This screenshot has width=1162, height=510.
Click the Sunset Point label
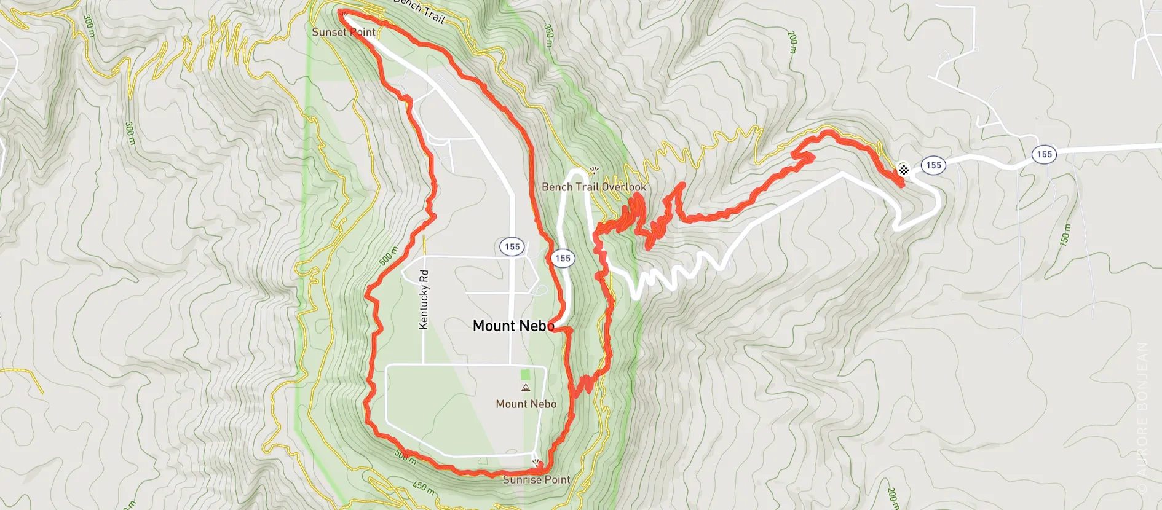tap(343, 32)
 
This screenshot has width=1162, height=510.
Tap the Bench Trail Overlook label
tap(594, 187)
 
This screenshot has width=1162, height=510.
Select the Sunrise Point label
tap(536, 480)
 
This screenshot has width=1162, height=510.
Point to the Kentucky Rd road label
tap(424, 299)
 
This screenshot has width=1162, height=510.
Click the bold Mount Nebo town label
tap(513, 326)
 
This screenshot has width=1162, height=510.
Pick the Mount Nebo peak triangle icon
tap(526, 388)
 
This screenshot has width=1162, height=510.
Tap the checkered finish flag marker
tap(903, 170)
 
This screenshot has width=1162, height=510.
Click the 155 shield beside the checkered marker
tap(933, 165)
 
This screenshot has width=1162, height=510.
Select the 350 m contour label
tap(549, 36)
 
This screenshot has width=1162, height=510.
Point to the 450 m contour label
tap(424, 488)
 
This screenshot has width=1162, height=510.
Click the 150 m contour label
tap(1065, 235)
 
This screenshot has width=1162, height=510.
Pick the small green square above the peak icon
tap(525, 374)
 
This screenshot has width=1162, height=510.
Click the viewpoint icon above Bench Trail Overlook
tap(593, 170)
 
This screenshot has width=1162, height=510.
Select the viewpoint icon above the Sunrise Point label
tap(536, 462)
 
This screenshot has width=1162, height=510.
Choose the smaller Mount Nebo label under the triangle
tap(526, 404)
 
